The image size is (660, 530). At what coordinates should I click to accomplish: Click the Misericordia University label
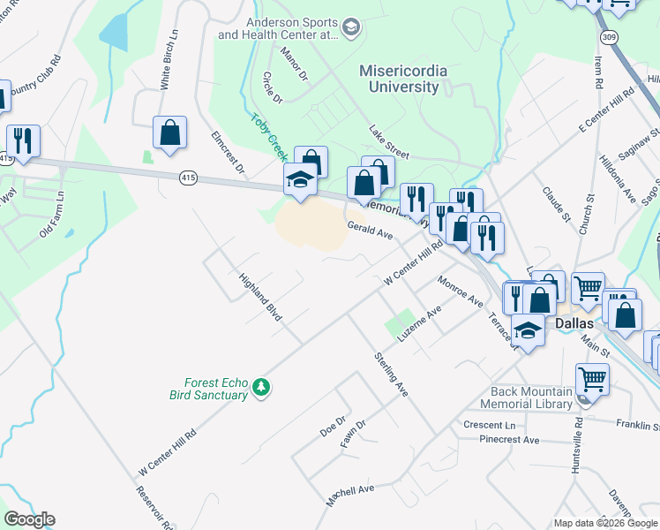(x=403, y=79)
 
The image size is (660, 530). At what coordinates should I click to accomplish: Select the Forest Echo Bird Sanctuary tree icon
(x=260, y=387)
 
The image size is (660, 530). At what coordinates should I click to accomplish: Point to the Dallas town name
(x=579, y=324)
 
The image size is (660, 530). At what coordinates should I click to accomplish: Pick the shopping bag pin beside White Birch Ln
(x=169, y=133)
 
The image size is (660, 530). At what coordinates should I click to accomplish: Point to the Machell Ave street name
(x=350, y=495)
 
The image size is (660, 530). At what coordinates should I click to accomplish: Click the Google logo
(x=29, y=519)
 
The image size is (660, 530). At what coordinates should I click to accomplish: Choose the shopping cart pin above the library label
(x=592, y=380)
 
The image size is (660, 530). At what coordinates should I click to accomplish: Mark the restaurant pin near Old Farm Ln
(x=23, y=141)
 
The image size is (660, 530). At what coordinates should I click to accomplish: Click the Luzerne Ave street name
(x=419, y=325)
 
